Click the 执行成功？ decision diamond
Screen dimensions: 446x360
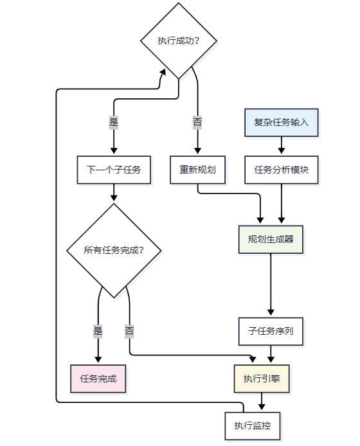pos(179,40)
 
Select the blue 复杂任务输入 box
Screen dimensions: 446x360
pos(281,123)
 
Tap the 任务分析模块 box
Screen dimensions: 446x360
pos(281,170)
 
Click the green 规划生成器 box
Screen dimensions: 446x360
pos(271,239)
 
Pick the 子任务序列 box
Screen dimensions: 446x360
pos(271,332)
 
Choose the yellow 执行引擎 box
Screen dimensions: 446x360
pos(262,379)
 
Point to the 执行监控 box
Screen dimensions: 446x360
pos(253,425)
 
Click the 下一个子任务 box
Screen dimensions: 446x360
pos(114,170)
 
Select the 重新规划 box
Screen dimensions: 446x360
pos(197,170)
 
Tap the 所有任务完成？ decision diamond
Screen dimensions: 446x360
pos(114,250)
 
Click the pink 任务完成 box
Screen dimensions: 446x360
pos(98,379)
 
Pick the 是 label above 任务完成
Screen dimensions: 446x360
pos(98,332)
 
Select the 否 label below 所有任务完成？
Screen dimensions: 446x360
pos(129,332)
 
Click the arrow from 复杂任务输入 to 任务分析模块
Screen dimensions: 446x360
pos(281,147)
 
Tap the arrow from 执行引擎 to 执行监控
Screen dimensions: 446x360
pos(262,402)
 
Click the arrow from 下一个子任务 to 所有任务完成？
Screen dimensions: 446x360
pos(114,193)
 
